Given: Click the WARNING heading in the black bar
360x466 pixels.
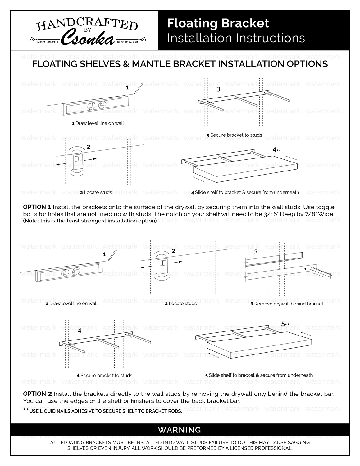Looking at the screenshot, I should pos(180,430).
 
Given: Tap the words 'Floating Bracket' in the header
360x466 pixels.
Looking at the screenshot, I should pos(218,23).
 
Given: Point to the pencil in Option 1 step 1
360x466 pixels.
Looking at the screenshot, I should pos(138,89).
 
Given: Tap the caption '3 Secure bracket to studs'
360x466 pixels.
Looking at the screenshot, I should pos(234,135).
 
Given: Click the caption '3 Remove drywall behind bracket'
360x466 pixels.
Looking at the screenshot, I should pos(287,304).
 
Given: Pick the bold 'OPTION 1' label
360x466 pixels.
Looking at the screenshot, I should pos(37,207).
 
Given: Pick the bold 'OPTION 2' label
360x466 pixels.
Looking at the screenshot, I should pos(37,394).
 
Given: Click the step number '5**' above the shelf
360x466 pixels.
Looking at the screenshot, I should pos(285,324).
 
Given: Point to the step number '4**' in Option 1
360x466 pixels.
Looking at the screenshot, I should pos(276,150).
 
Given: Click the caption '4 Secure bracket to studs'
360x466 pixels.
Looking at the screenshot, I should pos(104,375).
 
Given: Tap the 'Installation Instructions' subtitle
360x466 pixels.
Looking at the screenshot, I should pos(236,38).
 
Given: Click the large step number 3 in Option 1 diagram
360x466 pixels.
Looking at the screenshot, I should pos(218,89).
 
